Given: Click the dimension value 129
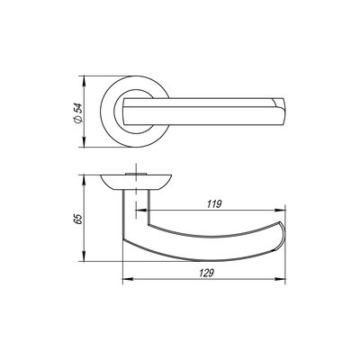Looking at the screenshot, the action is tap(206, 273).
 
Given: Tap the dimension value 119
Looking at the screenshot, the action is tap(214, 204).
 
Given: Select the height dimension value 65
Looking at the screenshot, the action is tap(78, 219).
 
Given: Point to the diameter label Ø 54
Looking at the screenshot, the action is tap(78, 112).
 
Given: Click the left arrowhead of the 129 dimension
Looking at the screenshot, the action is tap(128, 279).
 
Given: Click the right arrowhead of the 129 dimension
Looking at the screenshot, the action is tap(280, 279).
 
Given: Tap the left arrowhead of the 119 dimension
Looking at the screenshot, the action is tap(141, 210).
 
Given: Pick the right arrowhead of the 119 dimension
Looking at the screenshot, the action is tap(280, 210).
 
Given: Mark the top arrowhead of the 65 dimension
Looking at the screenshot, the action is tap(85, 180).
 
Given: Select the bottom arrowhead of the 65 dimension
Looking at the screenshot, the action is tap(85, 256).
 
